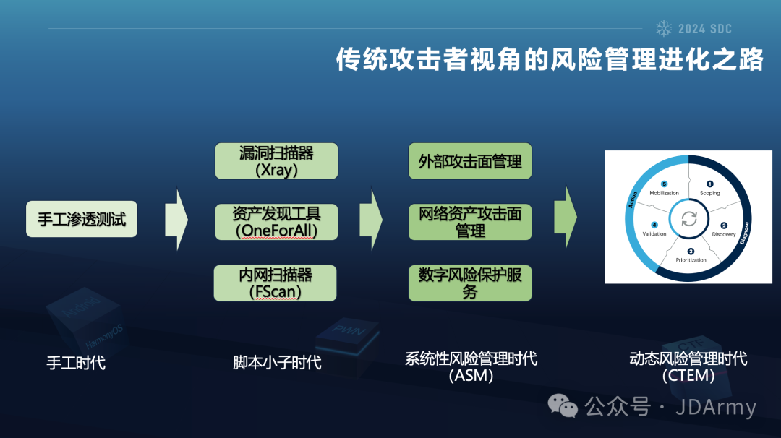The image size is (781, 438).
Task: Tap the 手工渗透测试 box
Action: (82, 219)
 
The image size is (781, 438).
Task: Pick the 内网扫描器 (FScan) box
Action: (276, 283)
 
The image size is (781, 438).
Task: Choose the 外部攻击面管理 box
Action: (470, 160)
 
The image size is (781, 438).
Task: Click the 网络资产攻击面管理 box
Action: (470, 222)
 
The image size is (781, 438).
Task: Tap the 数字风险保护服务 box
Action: (470, 283)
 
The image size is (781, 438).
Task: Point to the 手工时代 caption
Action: (76, 362)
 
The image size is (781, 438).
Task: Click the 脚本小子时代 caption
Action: (277, 362)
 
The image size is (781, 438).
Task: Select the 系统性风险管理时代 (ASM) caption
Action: (471, 366)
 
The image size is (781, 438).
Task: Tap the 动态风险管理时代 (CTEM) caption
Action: (688, 366)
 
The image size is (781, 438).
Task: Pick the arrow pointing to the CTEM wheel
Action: (566, 215)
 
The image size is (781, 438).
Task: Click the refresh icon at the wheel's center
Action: (689, 219)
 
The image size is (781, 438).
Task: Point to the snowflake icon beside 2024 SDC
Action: (663, 28)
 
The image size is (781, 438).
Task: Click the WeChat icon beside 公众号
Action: (563, 406)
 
